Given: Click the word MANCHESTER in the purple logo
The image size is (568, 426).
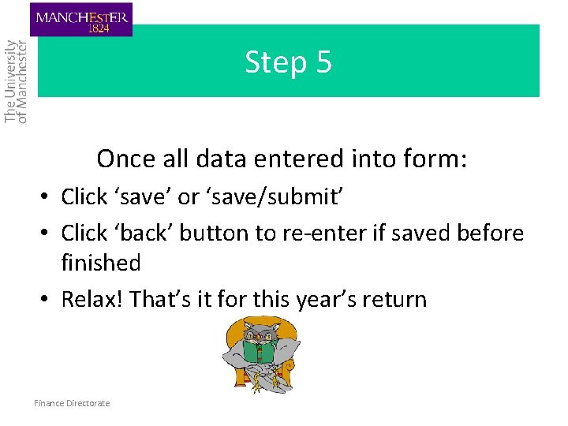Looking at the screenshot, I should [81, 16].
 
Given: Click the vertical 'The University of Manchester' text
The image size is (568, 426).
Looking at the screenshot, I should [16, 81].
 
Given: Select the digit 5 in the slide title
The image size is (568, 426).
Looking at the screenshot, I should [324, 62].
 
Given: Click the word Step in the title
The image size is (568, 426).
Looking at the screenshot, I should [272, 62].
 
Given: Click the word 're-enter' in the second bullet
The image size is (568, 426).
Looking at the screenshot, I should [305, 233].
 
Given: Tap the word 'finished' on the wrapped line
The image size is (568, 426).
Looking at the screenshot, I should [101, 262].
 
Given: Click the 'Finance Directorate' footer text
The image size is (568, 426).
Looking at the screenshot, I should [72, 403].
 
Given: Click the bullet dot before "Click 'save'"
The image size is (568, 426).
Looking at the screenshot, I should [47, 196].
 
